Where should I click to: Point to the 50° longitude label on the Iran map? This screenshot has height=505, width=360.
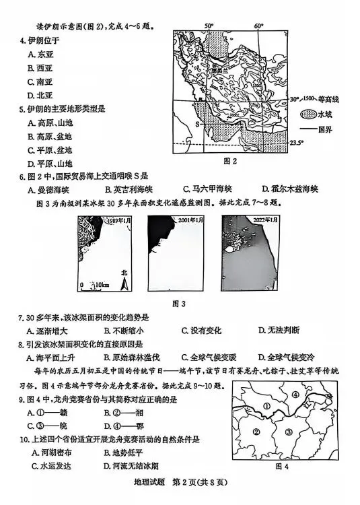click(210, 26)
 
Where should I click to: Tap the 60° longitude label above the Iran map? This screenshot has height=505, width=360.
click(258, 26)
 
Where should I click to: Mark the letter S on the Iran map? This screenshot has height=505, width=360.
click(197, 124)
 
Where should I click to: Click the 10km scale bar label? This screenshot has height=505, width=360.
click(101, 285)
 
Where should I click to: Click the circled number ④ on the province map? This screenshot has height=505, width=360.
click(295, 394)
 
